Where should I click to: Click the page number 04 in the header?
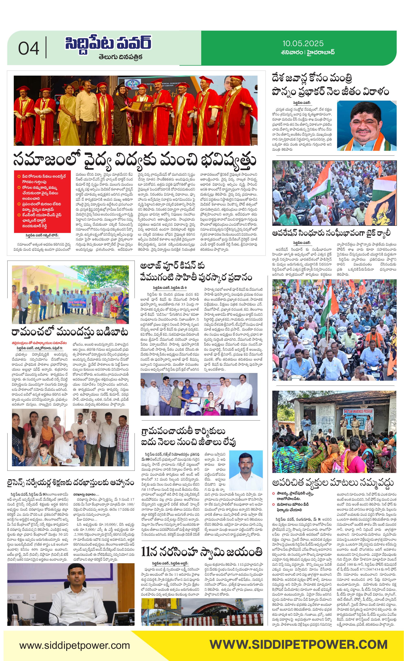29,49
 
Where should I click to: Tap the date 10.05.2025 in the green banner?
303,43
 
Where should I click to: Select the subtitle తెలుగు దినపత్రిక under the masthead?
120,57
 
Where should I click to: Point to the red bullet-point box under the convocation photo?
43,201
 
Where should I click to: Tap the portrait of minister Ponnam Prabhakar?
366,125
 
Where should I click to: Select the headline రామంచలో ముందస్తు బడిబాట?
70,332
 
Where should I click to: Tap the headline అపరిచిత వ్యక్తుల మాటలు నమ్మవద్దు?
333,482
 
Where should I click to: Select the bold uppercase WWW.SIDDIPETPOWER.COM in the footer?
298,645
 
